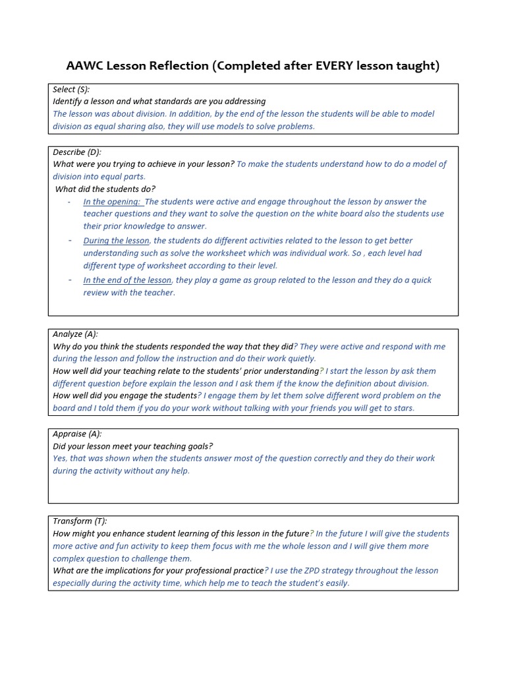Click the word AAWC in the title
(86, 65)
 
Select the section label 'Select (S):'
(71, 89)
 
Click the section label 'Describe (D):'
(77, 152)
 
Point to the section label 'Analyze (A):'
(75, 334)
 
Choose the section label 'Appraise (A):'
(77, 434)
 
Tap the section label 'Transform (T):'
(80, 521)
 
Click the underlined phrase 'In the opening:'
(111, 202)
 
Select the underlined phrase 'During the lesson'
(116, 241)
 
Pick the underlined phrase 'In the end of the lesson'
(127, 280)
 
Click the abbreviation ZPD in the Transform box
(327, 571)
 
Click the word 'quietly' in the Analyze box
(300, 359)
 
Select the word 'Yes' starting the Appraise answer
(60, 458)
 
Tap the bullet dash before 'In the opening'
(69, 202)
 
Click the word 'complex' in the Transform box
(69, 558)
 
